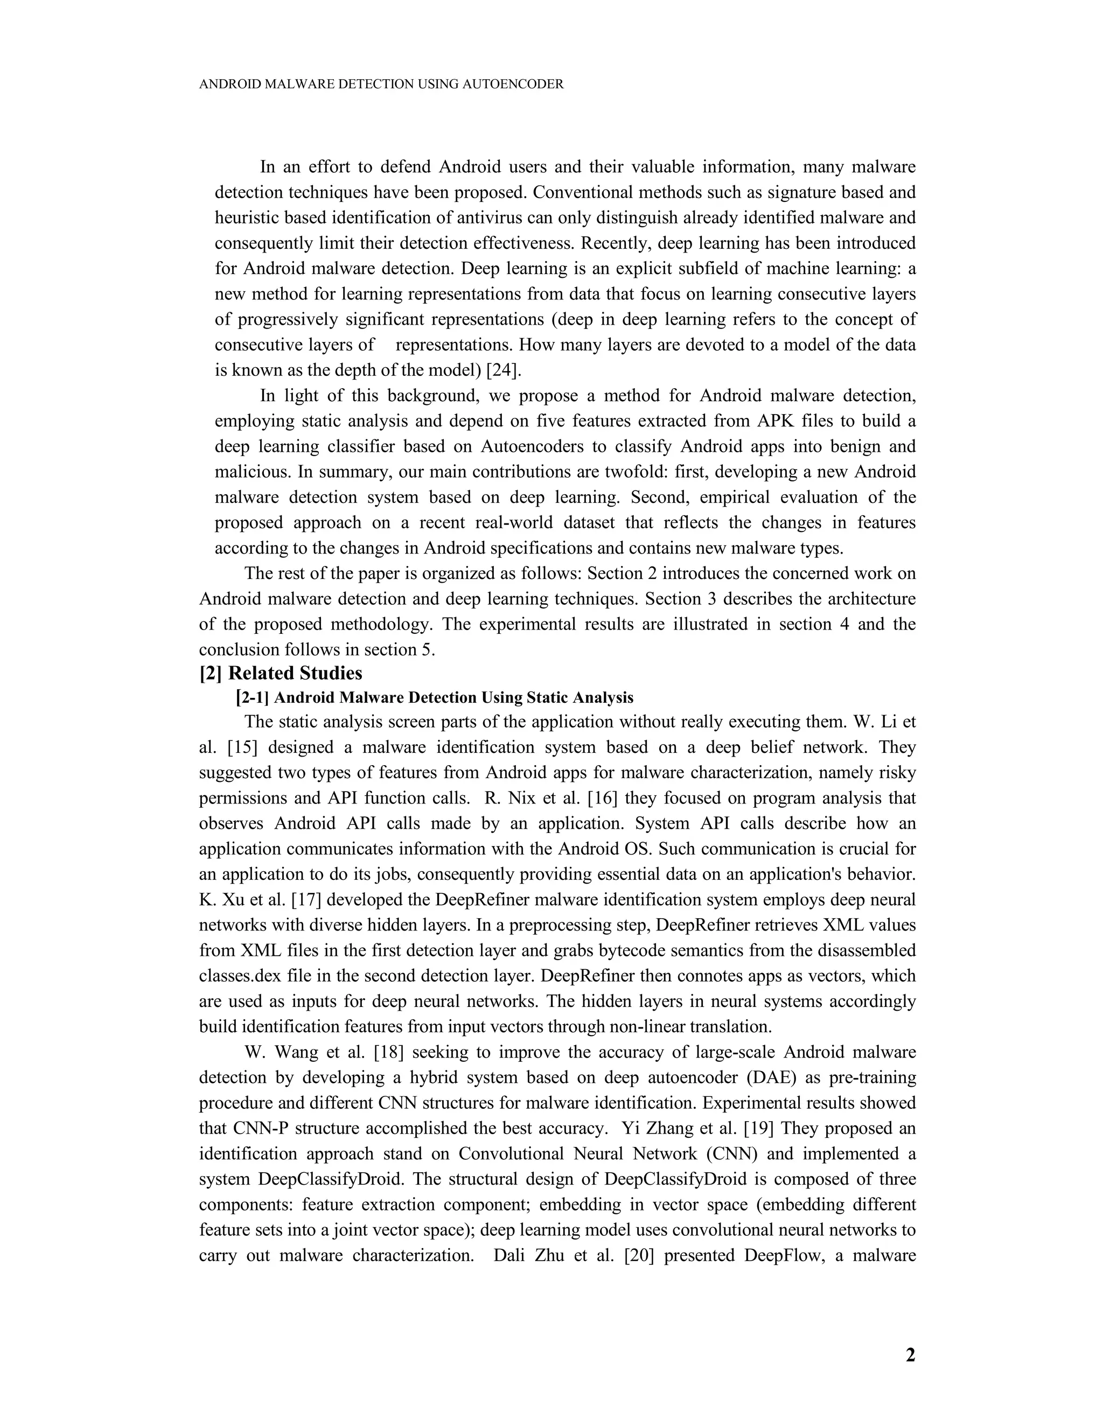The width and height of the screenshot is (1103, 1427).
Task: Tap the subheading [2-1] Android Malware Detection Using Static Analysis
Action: coord(435,698)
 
